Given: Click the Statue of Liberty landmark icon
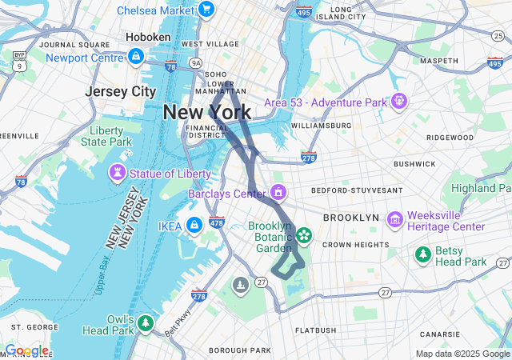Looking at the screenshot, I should [x=118, y=173].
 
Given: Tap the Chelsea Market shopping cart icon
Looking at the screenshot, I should [x=206, y=10].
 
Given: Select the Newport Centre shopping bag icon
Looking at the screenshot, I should [x=136, y=57].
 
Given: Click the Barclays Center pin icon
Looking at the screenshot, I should [x=278, y=193].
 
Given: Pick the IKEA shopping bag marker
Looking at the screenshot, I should [x=194, y=226].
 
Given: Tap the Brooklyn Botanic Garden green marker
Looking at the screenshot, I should [x=304, y=234].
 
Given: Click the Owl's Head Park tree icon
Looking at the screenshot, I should [x=145, y=323].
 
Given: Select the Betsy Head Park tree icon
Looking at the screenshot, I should [x=423, y=254].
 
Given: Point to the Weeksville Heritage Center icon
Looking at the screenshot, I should [x=394, y=219].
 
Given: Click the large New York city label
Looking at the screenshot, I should [x=206, y=112].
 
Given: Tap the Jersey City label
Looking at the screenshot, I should [x=120, y=91].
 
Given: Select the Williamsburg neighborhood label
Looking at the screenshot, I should [x=321, y=126].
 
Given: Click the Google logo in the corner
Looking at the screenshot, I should [x=26, y=350].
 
